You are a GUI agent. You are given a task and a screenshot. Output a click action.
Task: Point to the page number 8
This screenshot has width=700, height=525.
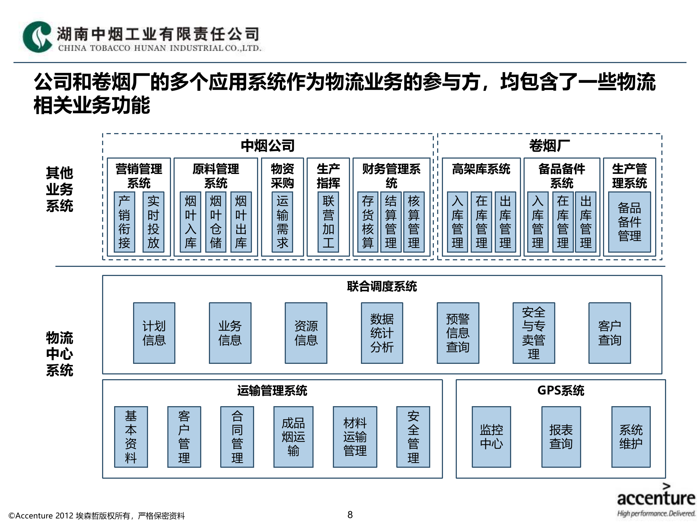[350, 515]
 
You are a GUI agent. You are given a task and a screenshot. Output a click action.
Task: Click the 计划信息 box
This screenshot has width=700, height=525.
[154, 333]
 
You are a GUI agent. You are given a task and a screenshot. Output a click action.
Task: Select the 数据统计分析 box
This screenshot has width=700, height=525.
[382, 333]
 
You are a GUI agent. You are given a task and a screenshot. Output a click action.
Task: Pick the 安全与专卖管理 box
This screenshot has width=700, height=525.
[533, 333]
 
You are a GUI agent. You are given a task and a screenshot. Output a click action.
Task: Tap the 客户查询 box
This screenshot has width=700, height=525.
[609, 333]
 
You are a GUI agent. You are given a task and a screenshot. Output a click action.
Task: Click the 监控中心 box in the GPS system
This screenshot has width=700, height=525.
[491, 437]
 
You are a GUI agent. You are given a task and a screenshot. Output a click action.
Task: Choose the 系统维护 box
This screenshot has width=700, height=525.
[631, 437]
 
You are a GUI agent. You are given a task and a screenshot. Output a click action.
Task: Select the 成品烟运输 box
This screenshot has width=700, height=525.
[293, 437]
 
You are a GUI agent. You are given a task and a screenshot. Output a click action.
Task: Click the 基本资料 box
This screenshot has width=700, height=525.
[131, 437]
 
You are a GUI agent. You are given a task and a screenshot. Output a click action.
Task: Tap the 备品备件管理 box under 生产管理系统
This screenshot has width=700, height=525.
[629, 222]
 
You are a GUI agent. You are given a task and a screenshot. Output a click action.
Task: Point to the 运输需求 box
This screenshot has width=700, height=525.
[282, 222]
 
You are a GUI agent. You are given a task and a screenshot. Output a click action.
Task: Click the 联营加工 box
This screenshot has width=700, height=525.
[328, 222]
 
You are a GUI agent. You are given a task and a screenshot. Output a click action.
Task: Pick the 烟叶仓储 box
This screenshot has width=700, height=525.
[215, 222]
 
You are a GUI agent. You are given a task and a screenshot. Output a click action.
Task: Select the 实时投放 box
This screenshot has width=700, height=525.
[153, 222]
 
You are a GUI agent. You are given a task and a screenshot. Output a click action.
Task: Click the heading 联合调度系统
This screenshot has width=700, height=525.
[382, 287]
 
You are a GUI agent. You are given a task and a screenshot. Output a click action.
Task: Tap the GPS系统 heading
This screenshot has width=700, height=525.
[560, 391]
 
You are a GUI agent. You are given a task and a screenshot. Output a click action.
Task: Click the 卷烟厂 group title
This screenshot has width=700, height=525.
[549, 146]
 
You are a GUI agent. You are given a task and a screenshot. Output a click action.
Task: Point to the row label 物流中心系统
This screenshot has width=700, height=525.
[59, 354]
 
